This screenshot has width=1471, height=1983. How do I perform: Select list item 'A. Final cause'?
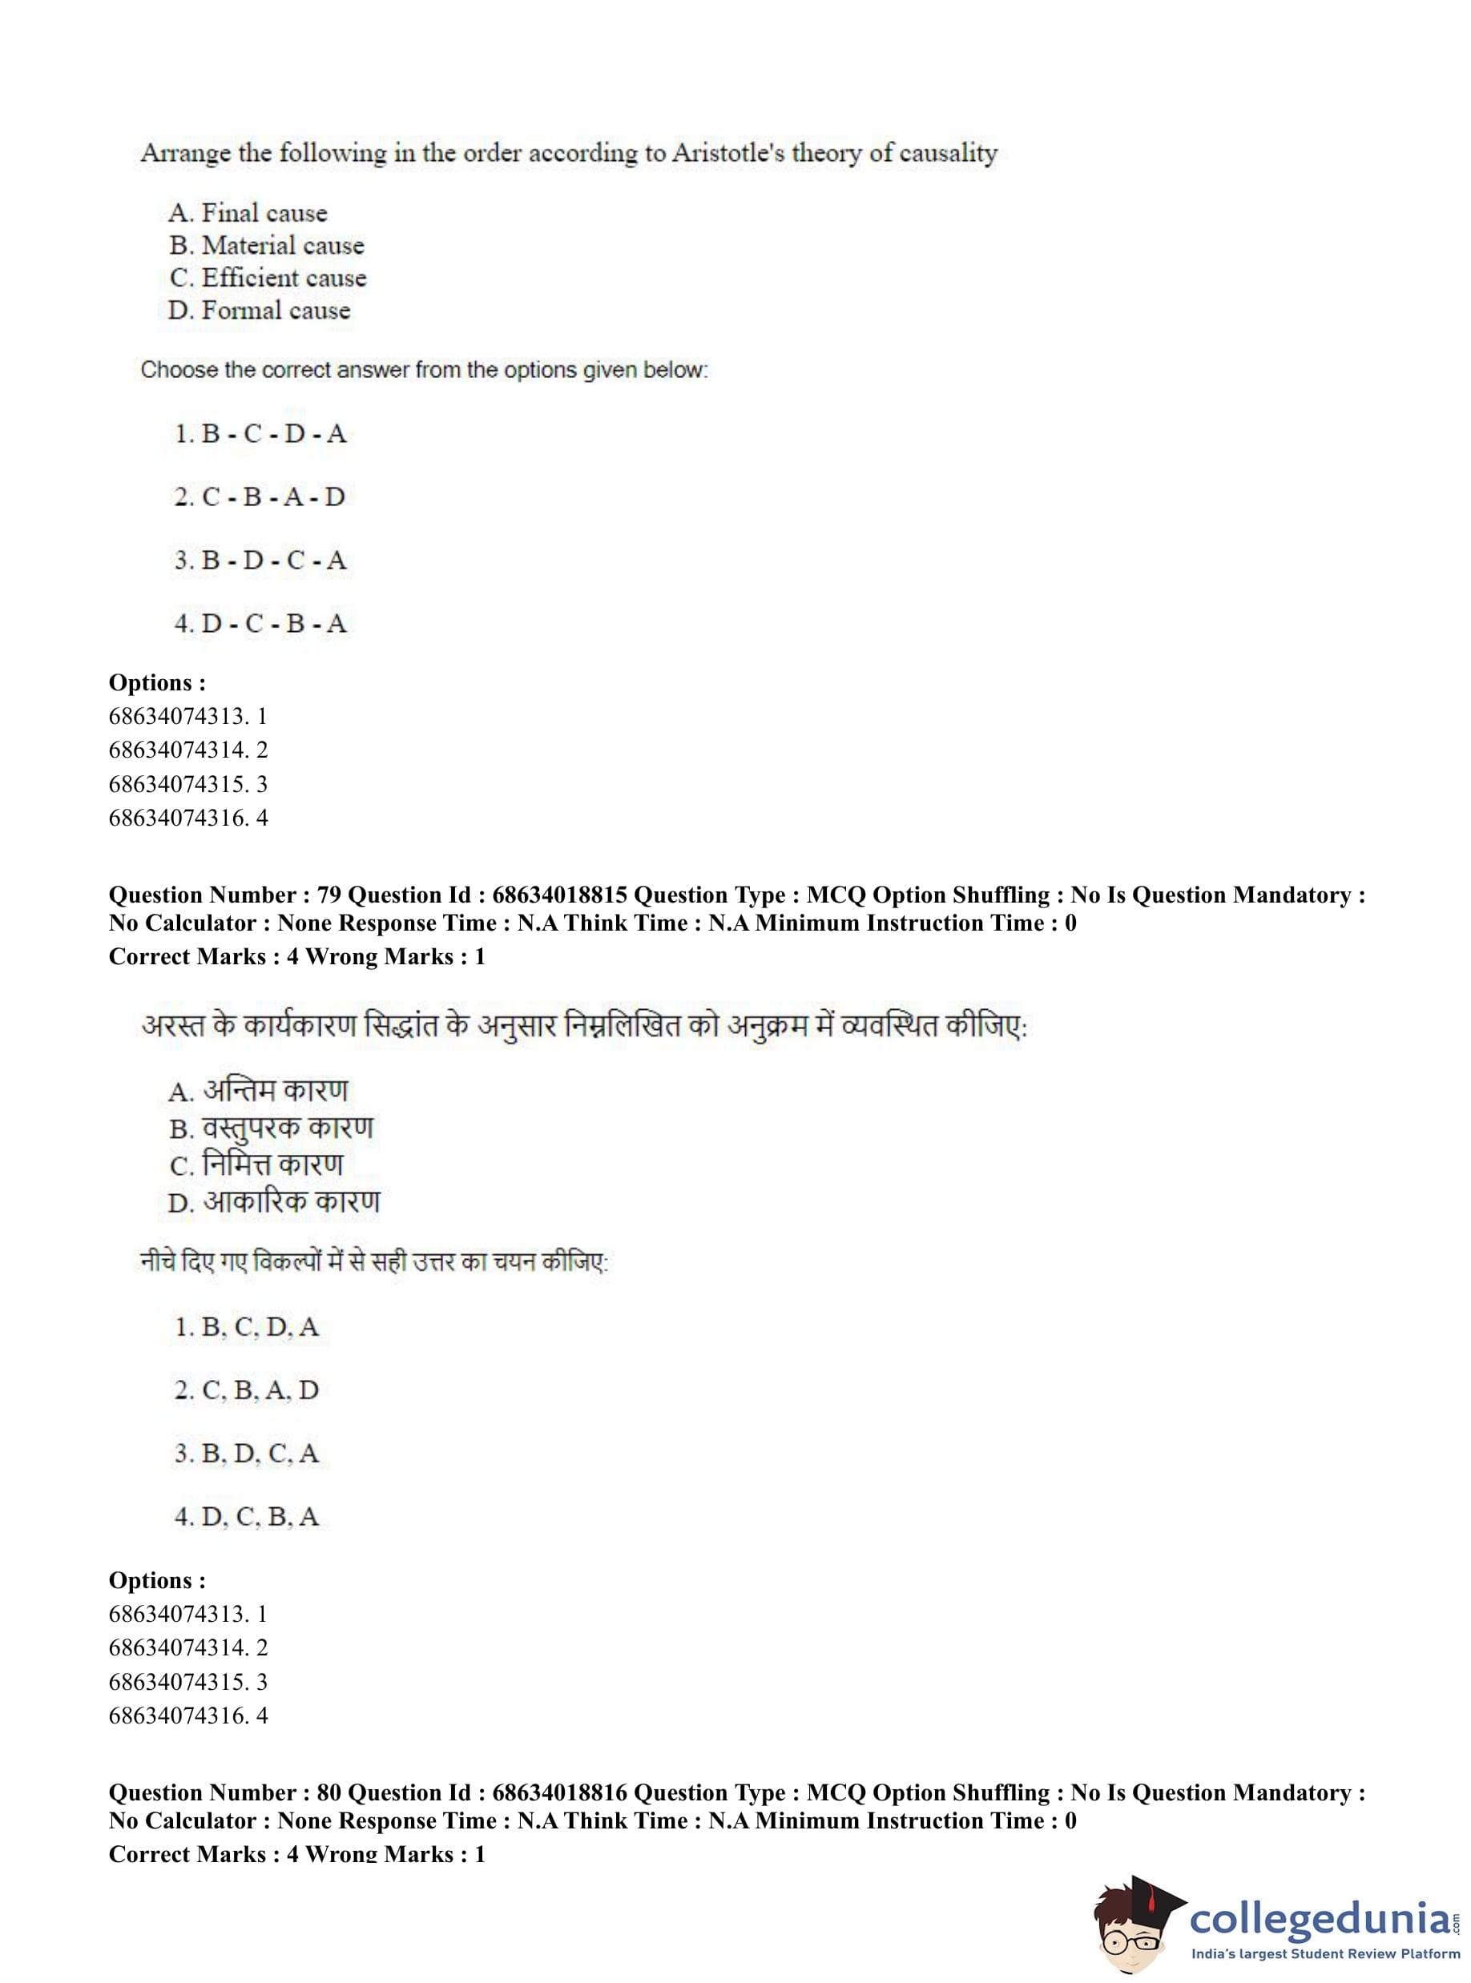[x=248, y=213]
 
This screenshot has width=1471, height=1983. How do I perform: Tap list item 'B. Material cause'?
[x=266, y=245]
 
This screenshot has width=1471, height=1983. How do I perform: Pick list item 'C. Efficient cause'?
[x=267, y=278]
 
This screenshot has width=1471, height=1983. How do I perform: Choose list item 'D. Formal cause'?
[x=259, y=311]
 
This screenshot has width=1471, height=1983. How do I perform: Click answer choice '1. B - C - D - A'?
[x=260, y=434]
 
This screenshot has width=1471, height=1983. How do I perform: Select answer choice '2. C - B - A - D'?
[x=259, y=497]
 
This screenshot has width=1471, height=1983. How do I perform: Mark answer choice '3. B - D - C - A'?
[x=260, y=561]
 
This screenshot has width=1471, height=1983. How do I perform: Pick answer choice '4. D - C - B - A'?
[x=260, y=624]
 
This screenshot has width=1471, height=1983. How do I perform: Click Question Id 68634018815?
[x=559, y=895]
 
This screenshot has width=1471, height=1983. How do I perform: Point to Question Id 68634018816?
[x=559, y=1792]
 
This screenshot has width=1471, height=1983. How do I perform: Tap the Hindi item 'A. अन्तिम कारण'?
[x=258, y=1091]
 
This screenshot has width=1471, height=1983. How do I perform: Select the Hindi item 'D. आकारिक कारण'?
[x=273, y=1202]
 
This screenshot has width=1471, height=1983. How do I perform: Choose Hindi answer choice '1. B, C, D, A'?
[x=247, y=1328]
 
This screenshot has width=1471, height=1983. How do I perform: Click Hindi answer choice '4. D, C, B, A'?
[x=247, y=1517]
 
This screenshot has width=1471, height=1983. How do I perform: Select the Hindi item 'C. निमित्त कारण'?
[x=256, y=1165]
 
